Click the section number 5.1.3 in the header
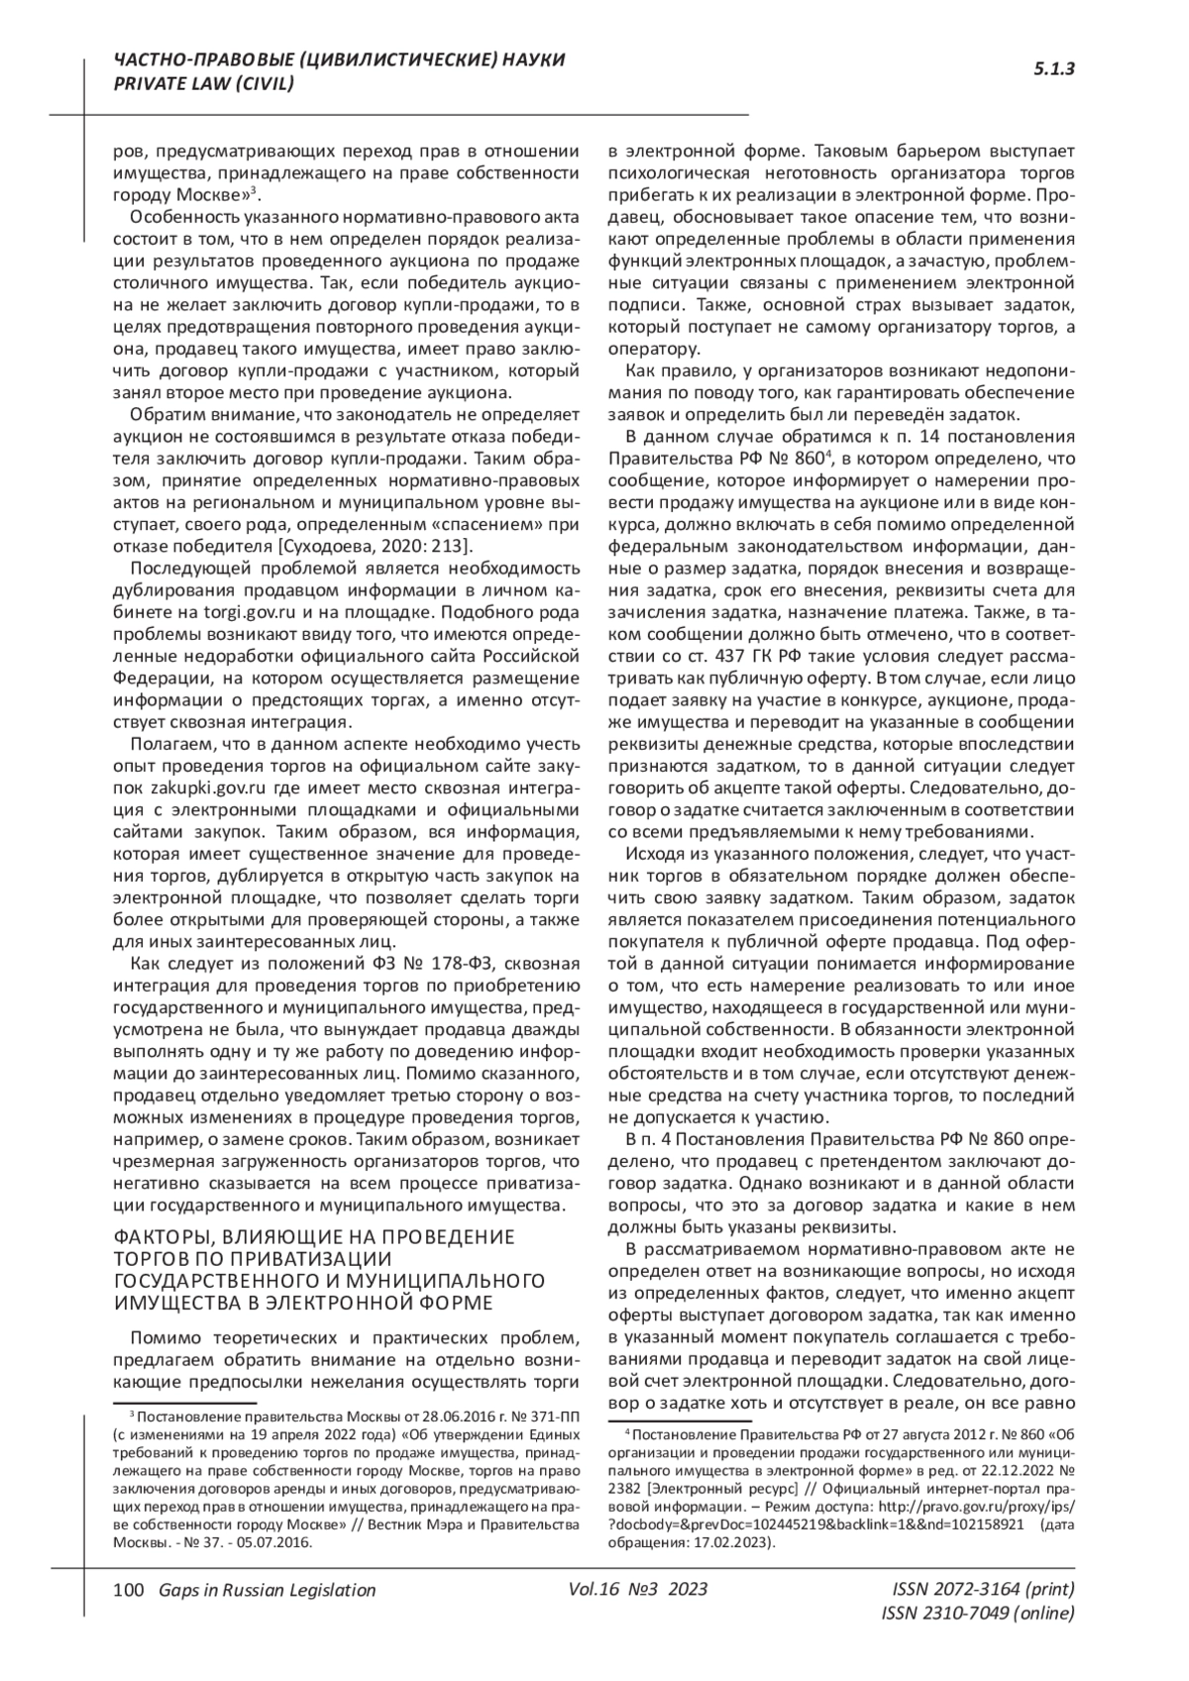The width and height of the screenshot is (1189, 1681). pos(1054,68)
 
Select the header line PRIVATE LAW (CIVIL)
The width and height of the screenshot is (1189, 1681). pos(204,84)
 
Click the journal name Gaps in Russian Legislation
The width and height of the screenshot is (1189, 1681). pos(261,1590)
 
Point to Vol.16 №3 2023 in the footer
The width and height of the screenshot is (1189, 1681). pos(639,1589)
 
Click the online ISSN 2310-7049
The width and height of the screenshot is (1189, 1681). pos(977,1614)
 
